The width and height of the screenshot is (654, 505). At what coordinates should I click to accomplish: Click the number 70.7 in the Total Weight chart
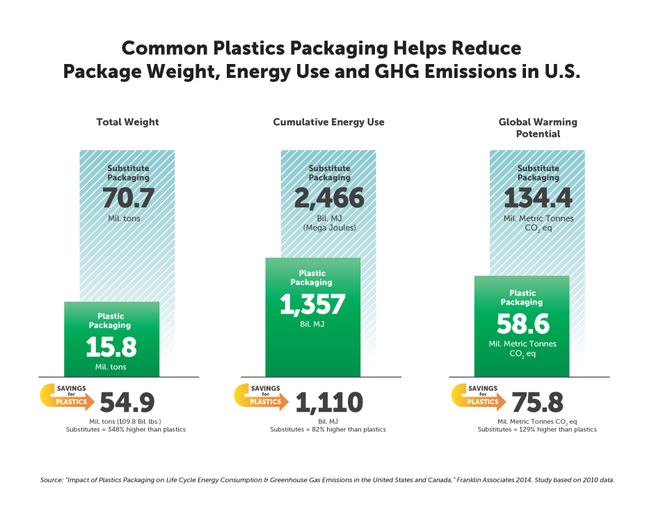[x=128, y=200]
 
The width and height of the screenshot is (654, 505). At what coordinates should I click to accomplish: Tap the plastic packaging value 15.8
[x=111, y=348]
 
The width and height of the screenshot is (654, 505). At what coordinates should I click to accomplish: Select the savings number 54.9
[x=127, y=403]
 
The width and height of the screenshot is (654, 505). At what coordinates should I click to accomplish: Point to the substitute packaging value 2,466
[x=329, y=200]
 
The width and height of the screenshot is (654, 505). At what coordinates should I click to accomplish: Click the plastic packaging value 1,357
[x=312, y=305]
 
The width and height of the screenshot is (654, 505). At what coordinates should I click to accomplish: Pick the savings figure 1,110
[x=329, y=403]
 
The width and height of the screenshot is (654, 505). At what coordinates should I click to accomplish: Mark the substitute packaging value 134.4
[x=538, y=200]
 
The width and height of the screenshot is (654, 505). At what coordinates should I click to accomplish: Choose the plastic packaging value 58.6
[x=523, y=324]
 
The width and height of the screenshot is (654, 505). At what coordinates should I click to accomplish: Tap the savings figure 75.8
[x=537, y=403]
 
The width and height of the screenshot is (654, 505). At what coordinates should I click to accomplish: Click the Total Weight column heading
[x=127, y=122]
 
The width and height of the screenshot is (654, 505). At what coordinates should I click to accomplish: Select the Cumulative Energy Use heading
[x=328, y=122]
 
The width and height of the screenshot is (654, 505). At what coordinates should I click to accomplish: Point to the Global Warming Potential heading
[x=538, y=128]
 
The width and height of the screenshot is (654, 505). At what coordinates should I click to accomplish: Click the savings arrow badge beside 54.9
[x=65, y=396]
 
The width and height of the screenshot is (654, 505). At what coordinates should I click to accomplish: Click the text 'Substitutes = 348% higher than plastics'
[x=126, y=430]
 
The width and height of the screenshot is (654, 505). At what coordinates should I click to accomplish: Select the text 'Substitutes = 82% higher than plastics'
[x=328, y=430]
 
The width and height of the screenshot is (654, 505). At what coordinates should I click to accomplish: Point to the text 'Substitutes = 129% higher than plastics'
[x=537, y=430]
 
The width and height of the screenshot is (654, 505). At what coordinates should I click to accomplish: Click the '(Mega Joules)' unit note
[x=329, y=227]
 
